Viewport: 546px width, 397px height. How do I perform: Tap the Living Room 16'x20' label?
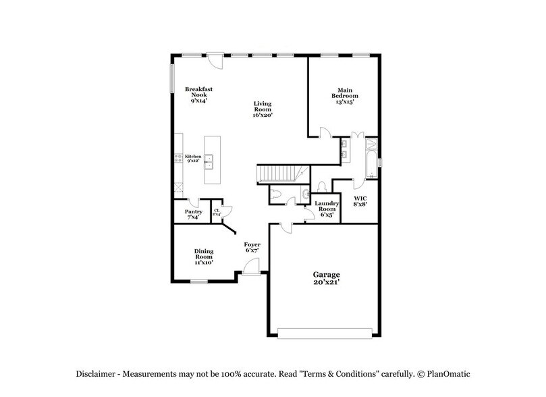[x=262, y=109]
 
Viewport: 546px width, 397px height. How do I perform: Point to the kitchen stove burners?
[x=178, y=160]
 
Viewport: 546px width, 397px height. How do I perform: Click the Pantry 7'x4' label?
[x=194, y=213]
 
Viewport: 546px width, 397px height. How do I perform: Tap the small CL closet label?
[x=217, y=212]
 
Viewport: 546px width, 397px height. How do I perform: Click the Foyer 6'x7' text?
[x=252, y=247]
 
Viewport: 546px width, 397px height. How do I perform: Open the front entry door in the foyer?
[x=250, y=268]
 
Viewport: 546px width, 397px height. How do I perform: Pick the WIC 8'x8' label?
[x=360, y=201]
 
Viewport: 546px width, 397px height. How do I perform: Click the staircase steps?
[x=278, y=174]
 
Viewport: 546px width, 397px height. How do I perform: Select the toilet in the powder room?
[x=323, y=186]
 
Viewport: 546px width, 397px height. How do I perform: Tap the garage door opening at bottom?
[x=325, y=332]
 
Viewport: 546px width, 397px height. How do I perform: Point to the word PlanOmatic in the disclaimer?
[x=446, y=373]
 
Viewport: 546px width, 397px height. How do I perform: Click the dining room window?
[x=198, y=281]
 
